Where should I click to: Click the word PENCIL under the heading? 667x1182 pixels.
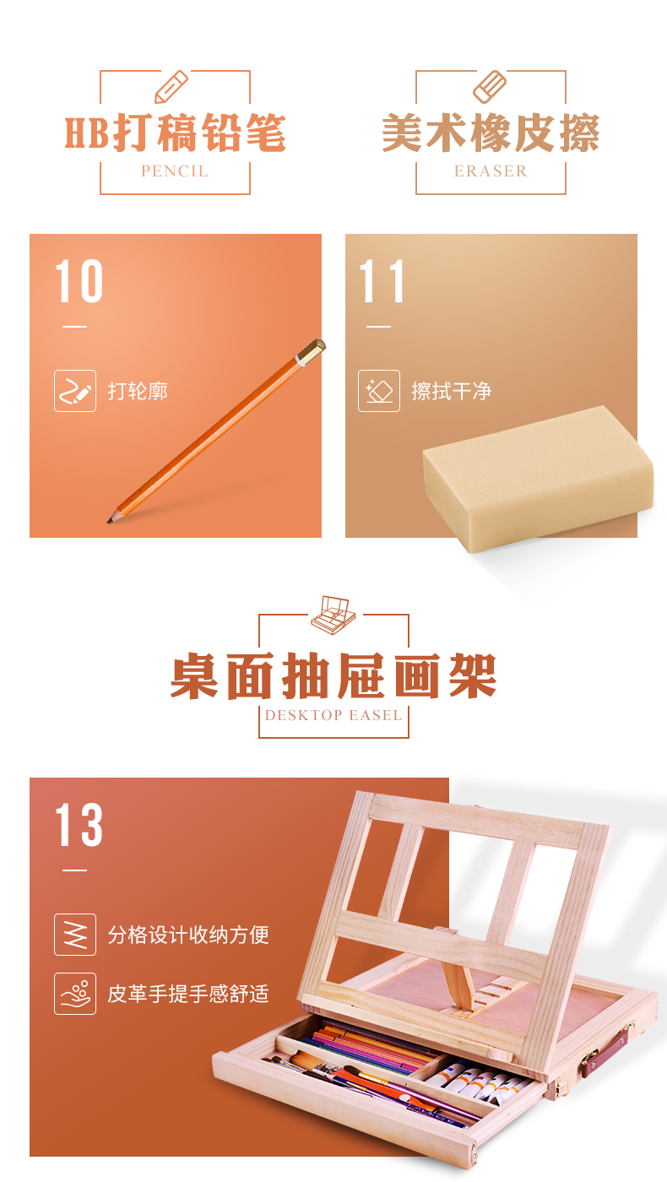click(175, 171)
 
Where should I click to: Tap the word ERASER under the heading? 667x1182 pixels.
click(491, 171)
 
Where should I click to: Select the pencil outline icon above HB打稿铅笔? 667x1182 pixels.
click(171, 87)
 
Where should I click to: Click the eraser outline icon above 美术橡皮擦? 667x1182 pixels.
click(489, 87)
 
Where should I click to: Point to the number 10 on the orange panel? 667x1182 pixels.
click(79, 281)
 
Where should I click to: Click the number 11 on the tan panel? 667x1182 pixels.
click(382, 281)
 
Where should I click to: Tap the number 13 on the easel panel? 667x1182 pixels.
click(79, 826)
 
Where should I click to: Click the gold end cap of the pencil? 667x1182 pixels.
click(312, 352)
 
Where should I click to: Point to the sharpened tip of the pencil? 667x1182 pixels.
click(110, 521)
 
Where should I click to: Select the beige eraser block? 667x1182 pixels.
click(539, 478)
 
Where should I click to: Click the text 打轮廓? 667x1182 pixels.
click(138, 391)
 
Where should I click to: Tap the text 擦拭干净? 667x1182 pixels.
click(451, 391)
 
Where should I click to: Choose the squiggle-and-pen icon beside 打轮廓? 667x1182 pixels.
click(75, 391)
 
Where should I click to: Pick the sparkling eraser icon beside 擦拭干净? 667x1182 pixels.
click(379, 391)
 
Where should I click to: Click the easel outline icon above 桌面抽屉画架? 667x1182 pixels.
click(333, 615)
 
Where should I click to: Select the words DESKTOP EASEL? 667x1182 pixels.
click(333, 716)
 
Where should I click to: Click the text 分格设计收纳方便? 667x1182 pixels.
click(188, 935)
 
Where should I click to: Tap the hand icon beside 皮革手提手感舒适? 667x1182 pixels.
click(75, 994)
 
